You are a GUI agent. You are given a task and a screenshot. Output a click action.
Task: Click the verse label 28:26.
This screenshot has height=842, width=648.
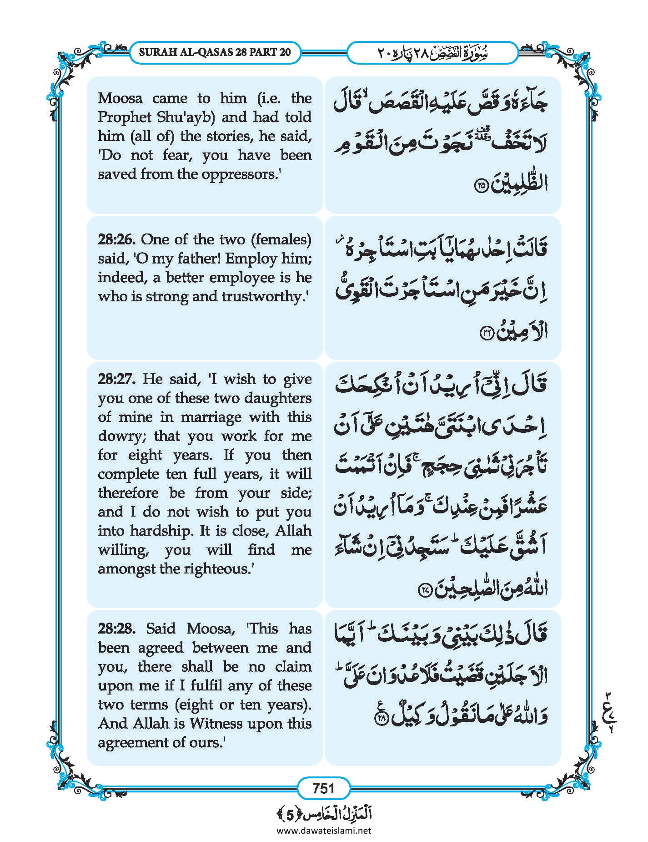(x=116, y=239)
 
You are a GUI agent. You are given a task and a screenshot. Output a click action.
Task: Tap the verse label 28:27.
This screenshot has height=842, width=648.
(x=117, y=379)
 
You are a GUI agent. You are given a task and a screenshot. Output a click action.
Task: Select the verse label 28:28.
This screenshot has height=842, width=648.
(x=116, y=629)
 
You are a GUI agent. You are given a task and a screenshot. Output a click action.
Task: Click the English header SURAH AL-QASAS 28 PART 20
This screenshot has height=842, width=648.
(x=215, y=52)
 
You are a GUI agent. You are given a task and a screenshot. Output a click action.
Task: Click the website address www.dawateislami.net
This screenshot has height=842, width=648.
(x=324, y=830)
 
